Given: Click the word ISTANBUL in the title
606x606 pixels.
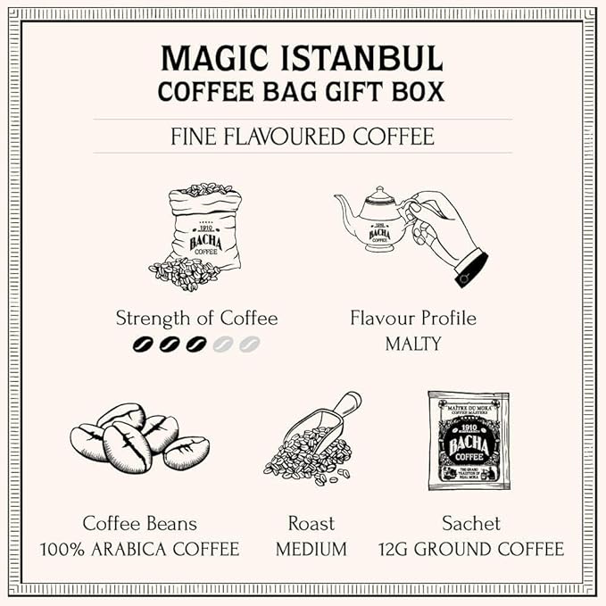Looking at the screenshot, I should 361,59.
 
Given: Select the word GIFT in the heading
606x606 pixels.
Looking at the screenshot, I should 340,92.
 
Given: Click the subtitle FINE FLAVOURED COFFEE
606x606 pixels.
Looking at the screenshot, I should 303,137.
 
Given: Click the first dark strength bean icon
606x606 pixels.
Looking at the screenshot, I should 143,344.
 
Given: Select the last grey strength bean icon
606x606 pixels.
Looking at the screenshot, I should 249,344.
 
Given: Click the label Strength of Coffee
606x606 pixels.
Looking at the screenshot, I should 196,319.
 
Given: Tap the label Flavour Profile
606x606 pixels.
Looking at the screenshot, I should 412,319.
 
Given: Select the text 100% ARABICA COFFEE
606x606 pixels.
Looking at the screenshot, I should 139,549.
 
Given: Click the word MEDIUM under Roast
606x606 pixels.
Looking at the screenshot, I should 311,549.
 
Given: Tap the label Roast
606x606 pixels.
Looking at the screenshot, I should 311,523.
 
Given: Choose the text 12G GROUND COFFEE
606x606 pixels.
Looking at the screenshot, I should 470,549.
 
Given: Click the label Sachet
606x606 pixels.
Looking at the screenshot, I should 470,523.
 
